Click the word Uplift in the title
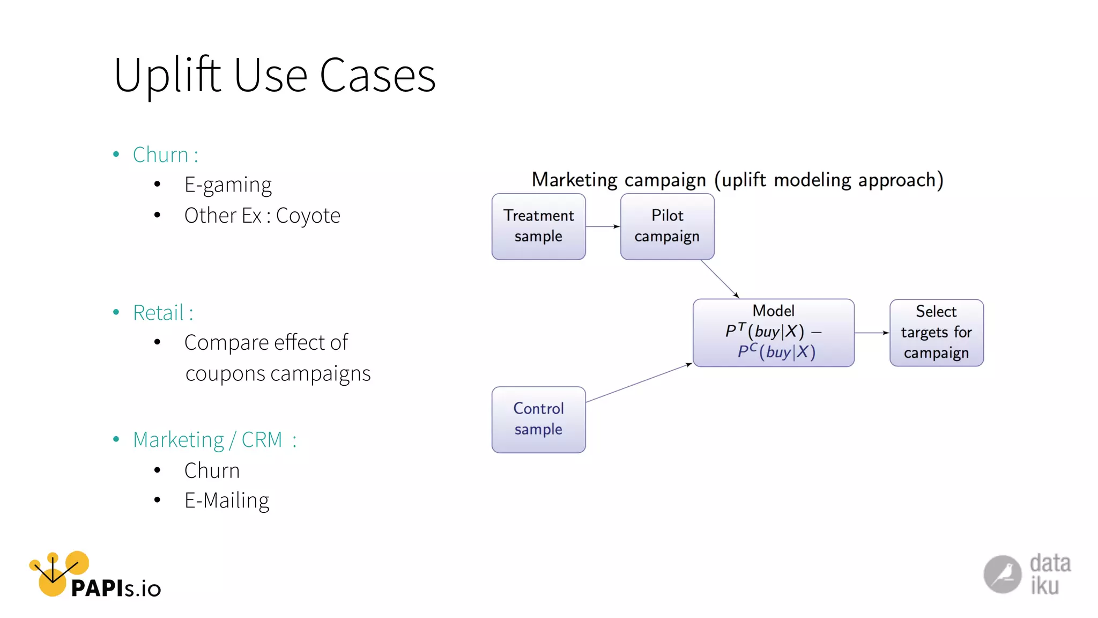167,76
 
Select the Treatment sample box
538,226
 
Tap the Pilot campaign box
667,226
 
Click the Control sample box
538,420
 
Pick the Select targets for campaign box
936,333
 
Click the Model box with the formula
773,333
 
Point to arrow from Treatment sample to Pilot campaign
603,226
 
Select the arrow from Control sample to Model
638,383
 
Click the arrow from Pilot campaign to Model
719,278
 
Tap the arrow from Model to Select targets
872,333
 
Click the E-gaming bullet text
228,185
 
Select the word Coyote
308,216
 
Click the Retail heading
162,313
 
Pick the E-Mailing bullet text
227,501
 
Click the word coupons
225,374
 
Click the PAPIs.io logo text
115,588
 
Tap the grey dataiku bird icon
1002,574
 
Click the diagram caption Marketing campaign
619,180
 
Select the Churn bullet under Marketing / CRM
212,470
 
